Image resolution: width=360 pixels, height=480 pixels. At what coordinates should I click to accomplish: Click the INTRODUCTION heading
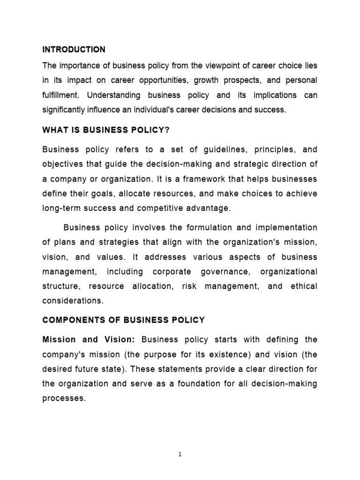[74, 49]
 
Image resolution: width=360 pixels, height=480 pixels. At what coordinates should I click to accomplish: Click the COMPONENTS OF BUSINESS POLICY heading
[124, 320]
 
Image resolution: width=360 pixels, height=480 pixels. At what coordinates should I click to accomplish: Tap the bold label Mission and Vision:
[89, 339]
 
